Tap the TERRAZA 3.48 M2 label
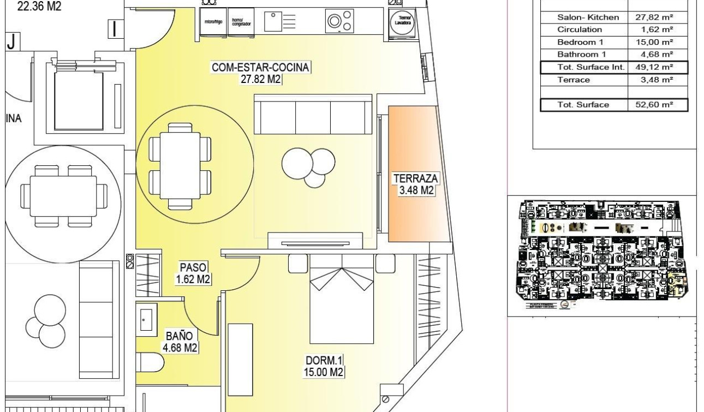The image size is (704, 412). point(416,184)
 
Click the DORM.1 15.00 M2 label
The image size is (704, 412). point(324,366)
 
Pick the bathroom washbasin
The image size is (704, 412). point(146,319)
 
